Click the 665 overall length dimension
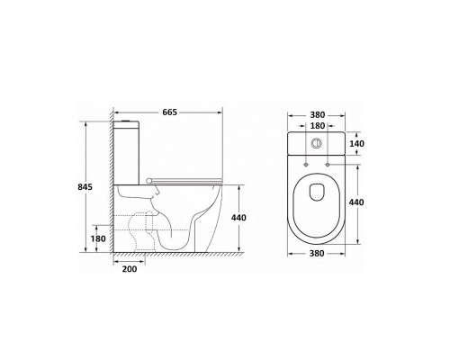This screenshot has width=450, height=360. click(170, 112)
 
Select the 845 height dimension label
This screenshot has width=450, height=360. click(85, 187)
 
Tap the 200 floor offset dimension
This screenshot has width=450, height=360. click(130, 269)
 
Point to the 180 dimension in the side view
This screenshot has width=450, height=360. click(98, 238)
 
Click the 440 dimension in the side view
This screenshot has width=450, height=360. click(238, 218)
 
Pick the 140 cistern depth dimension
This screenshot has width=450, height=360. click(357, 144)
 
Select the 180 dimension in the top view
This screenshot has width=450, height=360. click(318, 126)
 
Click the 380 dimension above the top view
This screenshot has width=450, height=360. click(318, 115)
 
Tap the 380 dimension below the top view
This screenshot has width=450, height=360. click(317, 254)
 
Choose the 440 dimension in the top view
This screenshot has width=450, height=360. click(356, 202)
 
